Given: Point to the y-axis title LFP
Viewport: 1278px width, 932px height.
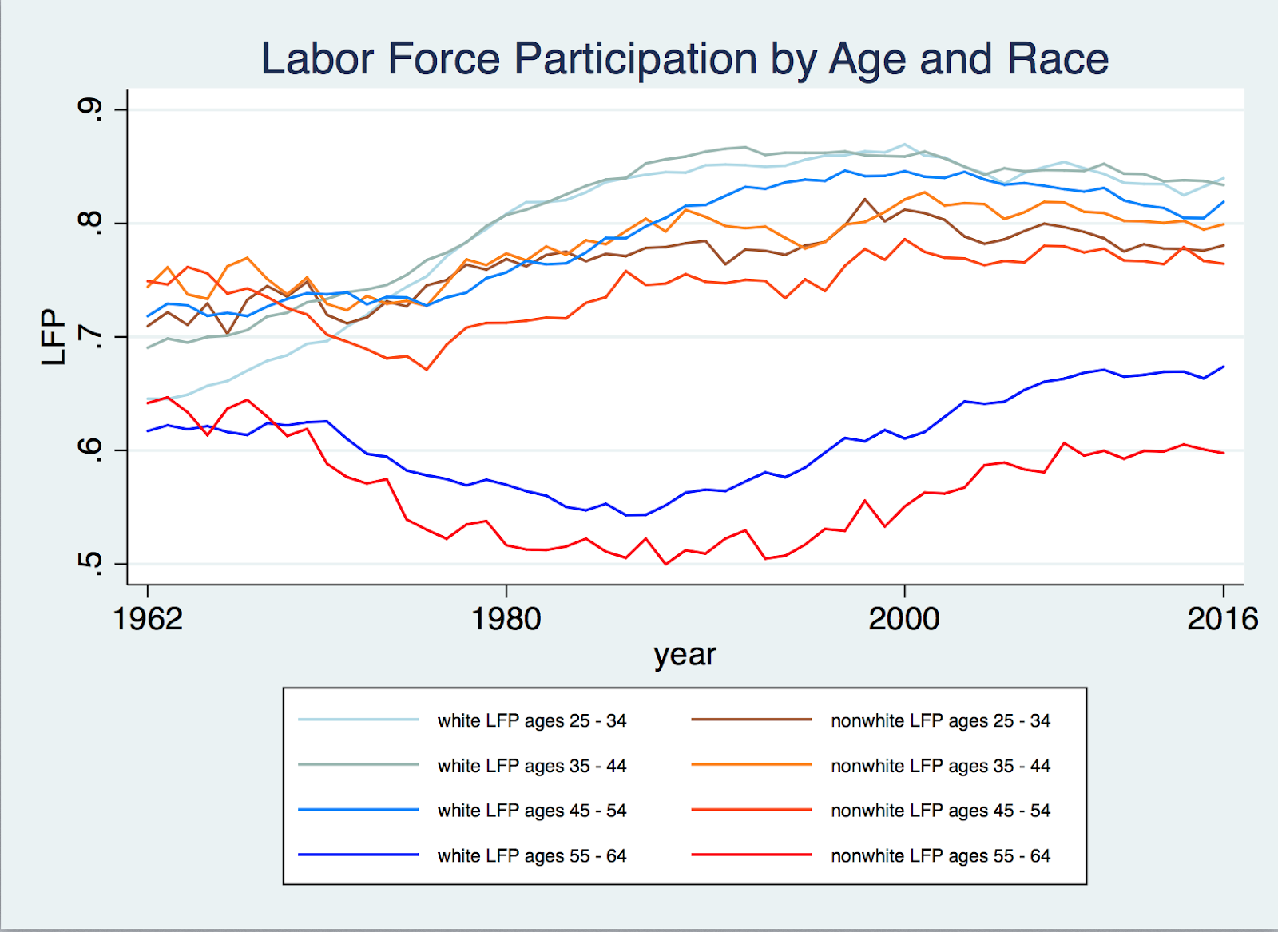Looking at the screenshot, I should [53, 336].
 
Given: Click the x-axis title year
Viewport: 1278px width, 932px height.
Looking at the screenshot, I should [685, 655].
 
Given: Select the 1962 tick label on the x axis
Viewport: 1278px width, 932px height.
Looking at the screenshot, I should [148, 619].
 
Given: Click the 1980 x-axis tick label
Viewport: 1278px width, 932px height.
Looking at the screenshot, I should [506, 619].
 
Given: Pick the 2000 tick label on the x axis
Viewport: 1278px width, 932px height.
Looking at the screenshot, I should [904, 619].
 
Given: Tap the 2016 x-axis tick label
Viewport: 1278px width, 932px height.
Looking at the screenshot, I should [1222, 619].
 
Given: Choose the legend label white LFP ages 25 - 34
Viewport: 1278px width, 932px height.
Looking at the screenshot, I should [532, 720].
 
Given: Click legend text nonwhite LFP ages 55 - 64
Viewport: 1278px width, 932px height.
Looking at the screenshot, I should [940, 856].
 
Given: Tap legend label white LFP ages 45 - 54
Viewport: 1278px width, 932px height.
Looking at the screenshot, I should [532, 811].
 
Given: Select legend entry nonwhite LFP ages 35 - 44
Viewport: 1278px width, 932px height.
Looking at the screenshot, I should [940, 766].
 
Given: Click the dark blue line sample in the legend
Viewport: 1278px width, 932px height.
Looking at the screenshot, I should [358, 855].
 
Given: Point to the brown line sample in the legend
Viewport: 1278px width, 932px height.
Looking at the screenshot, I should [751, 720].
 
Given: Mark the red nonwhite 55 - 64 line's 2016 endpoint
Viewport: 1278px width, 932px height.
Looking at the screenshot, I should [1223, 453].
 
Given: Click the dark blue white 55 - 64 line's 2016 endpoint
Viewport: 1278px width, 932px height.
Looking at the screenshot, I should [1223, 367].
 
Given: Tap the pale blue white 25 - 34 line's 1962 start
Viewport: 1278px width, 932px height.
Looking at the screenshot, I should [149, 399].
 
